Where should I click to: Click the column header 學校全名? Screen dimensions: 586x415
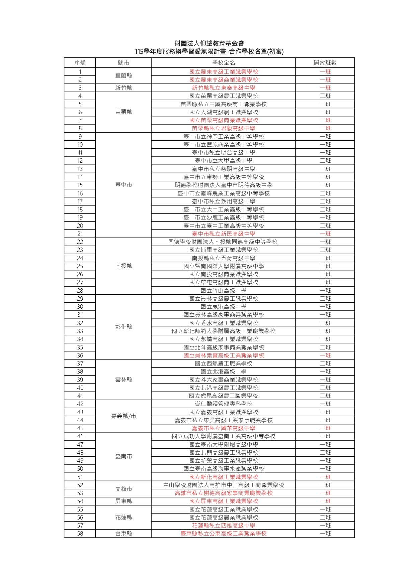click(223, 62)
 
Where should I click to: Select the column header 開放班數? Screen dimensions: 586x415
click(325, 62)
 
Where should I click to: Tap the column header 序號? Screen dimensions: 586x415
click(80, 62)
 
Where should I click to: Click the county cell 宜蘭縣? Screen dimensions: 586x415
click(123, 76)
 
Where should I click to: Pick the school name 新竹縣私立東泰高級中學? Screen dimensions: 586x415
click(223, 88)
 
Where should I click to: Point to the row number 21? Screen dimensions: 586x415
click(80, 234)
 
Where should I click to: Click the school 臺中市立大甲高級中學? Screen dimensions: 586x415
click(223, 161)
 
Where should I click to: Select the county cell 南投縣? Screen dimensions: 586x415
click(123, 266)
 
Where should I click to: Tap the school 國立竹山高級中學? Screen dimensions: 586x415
click(223, 291)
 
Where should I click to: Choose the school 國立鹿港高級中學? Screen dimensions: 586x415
click(223, 307)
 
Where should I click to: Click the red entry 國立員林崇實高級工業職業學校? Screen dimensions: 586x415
click(223, 355)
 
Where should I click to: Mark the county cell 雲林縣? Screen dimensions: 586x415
click(123, 380)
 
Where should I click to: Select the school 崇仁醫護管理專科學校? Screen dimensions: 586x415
click(223, 404)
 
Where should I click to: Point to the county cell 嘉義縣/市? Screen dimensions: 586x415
click(123, 416)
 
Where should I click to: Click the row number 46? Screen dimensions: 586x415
click(80, 436)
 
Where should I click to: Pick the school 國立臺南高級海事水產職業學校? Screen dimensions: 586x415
click(223, 469)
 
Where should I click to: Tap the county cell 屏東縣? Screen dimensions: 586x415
click(123, 501)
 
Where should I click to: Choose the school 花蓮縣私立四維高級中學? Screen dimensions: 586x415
click(223, 526)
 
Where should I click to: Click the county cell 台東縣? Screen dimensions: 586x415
click(123, 534)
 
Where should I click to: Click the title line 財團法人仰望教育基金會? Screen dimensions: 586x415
click(209, 43)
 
